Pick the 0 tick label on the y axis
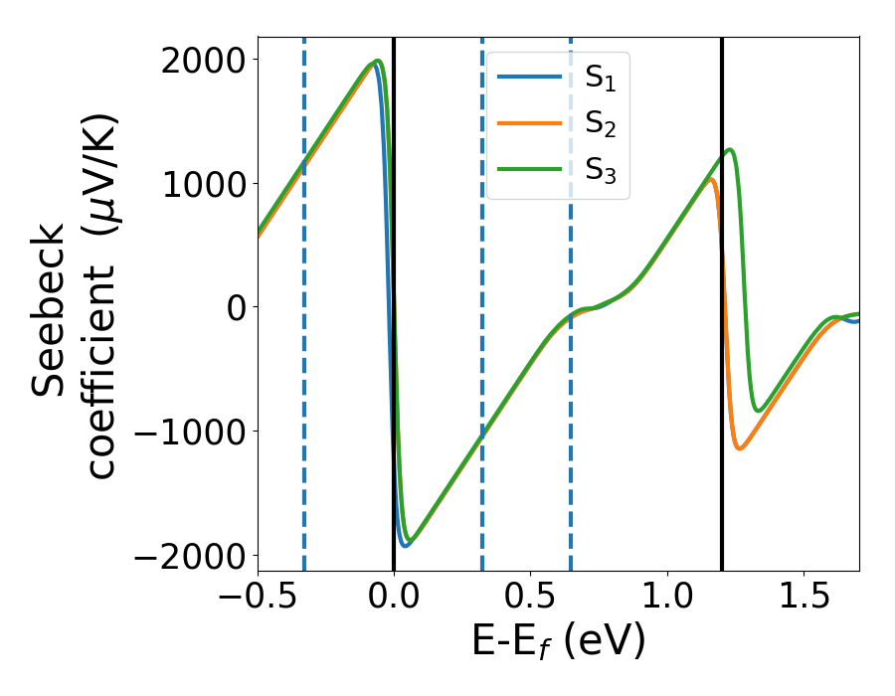point(236,307)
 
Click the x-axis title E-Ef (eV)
point(559,641)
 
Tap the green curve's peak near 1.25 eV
point(731,150)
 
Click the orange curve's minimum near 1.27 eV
point(740,448)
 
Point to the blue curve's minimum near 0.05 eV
point(406,545)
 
